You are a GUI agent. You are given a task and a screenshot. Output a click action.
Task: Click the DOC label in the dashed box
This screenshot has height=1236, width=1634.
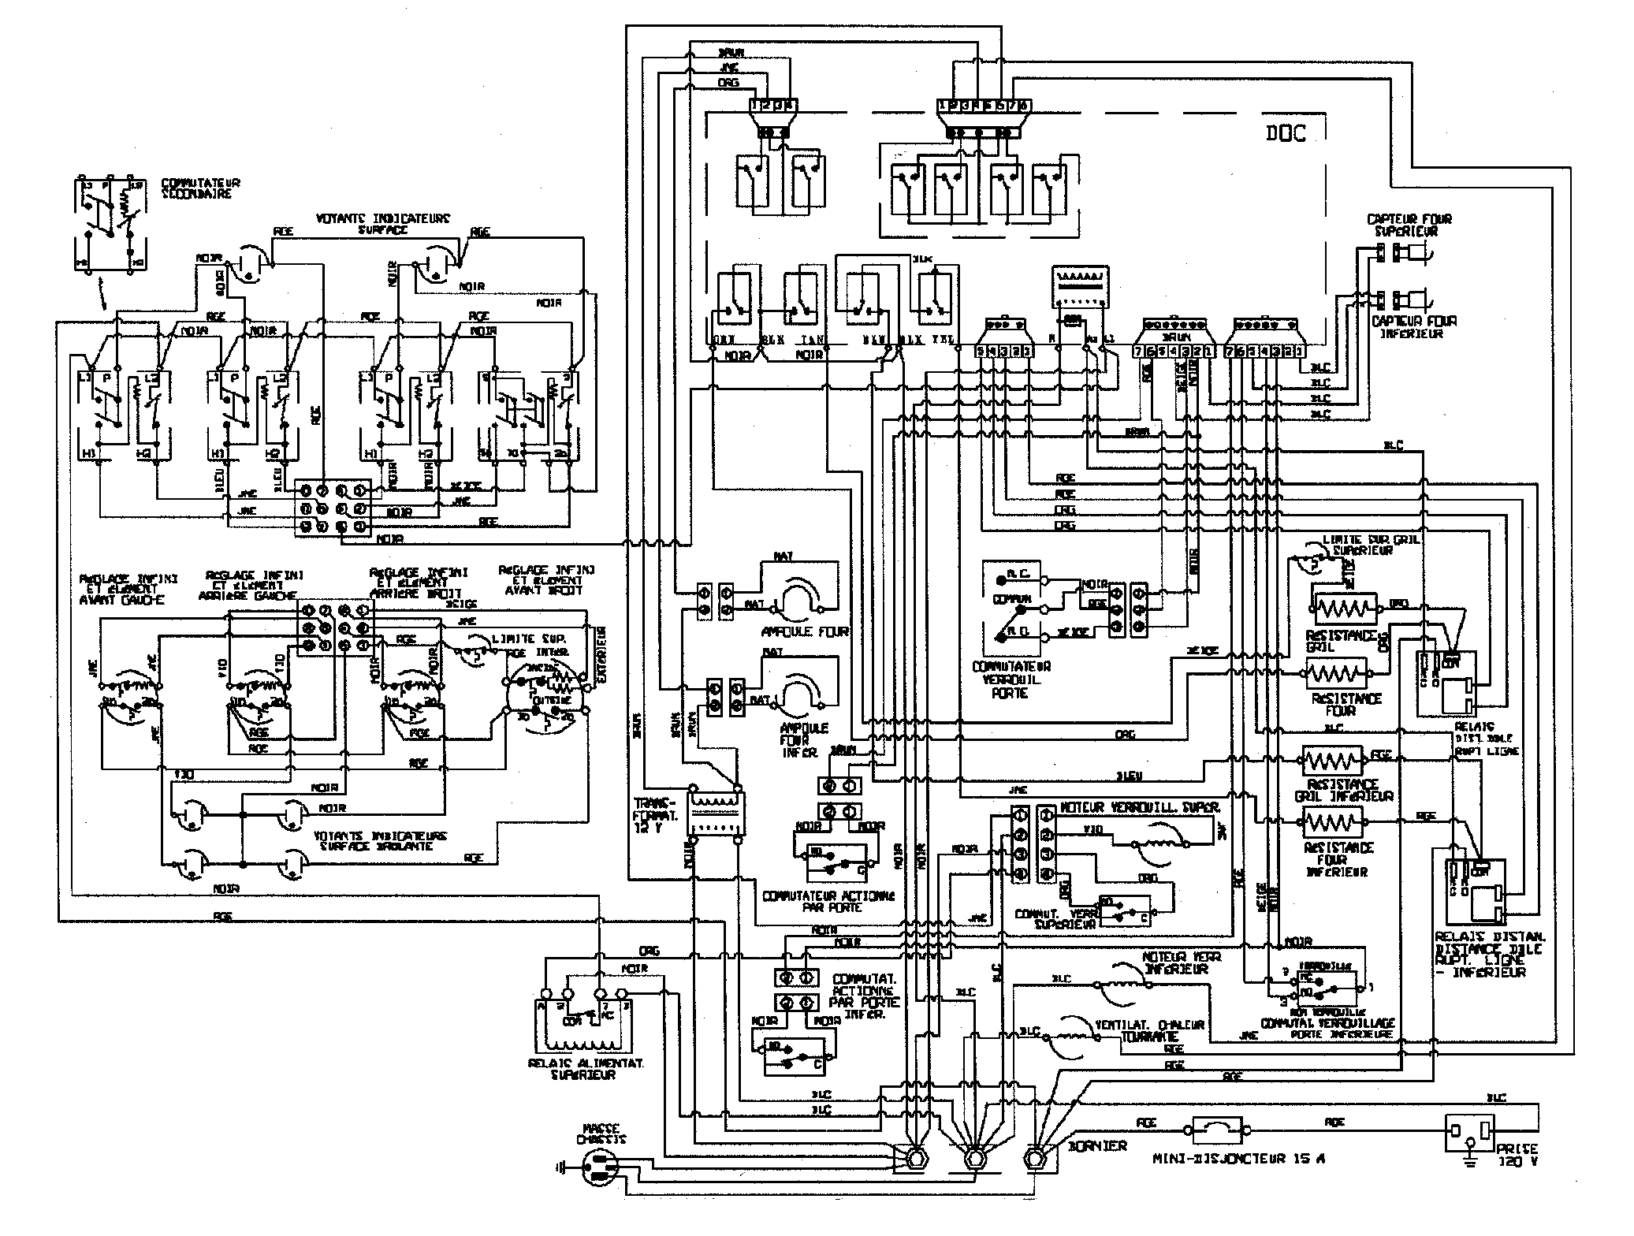1286,134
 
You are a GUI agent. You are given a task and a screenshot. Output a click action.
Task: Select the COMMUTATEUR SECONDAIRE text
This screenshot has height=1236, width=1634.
200,188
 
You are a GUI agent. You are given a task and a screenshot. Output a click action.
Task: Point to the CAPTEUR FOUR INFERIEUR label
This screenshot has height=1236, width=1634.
1414,327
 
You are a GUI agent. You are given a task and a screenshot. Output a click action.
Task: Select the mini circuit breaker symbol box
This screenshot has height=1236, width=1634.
1218,1130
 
